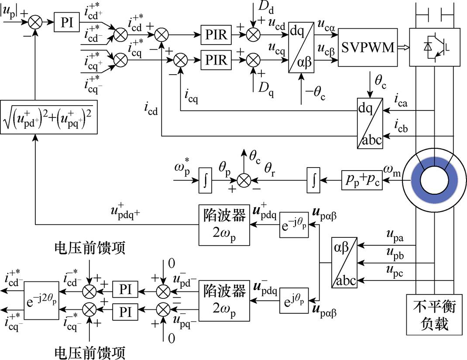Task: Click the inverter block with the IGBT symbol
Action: (x=435, y=47)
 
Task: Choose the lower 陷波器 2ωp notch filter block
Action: (x=224, y=301)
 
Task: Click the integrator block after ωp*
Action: (x=205, y=179)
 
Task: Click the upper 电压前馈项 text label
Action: (x=90, y=248)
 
